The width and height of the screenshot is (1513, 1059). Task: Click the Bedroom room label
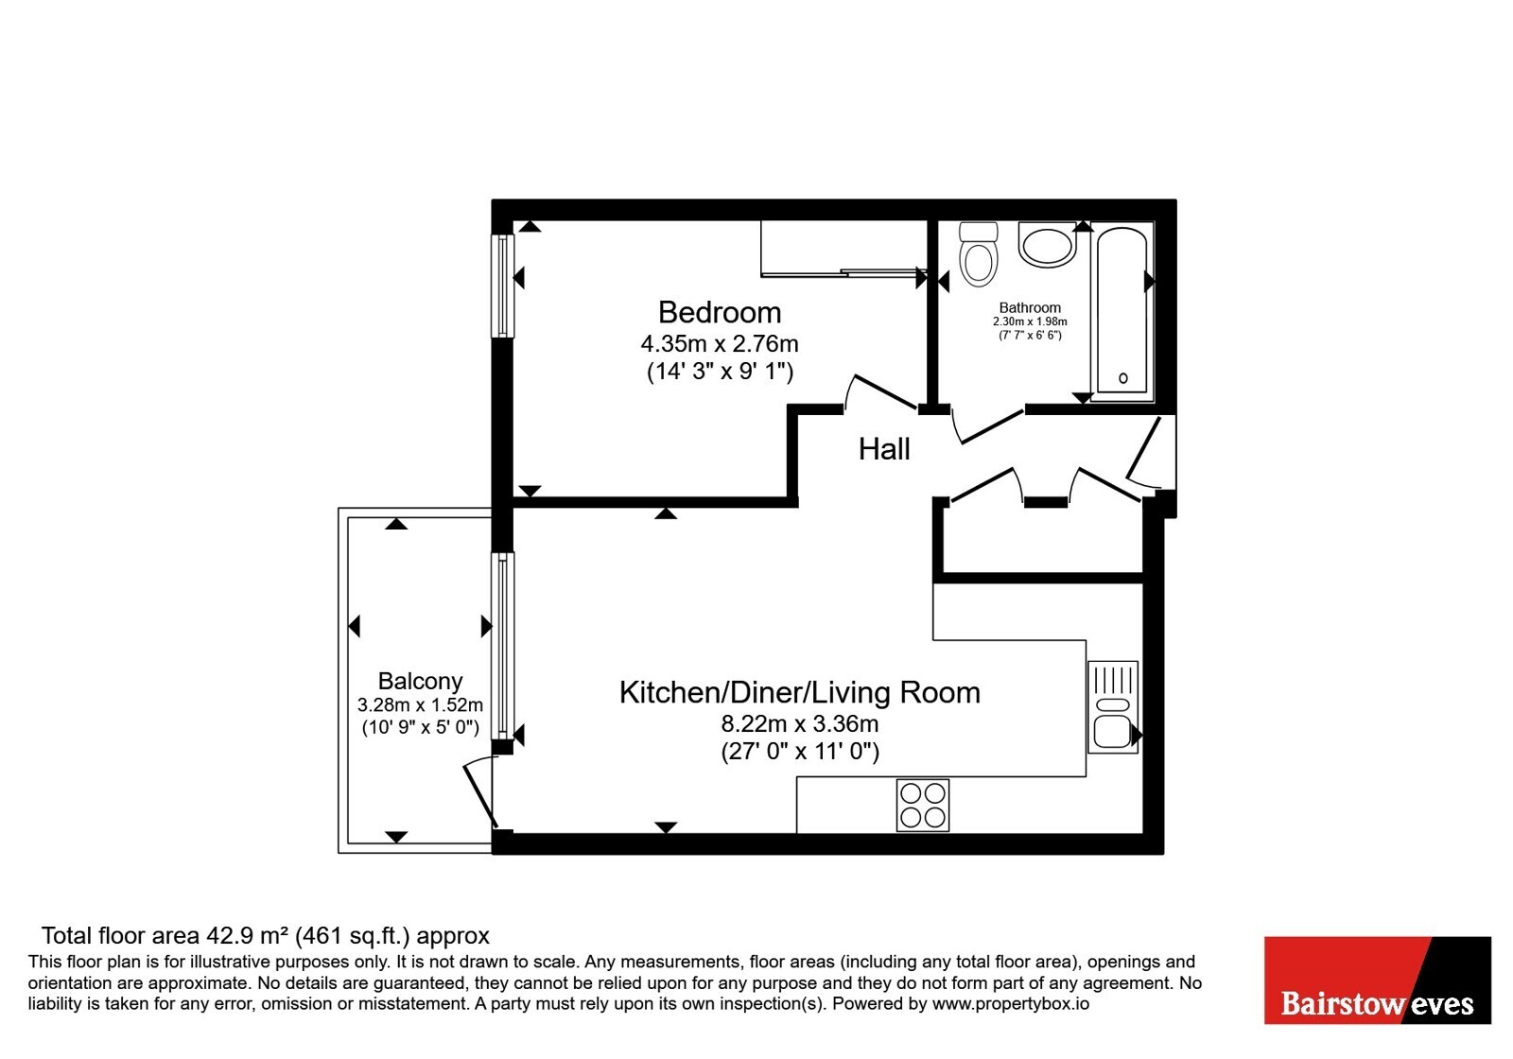tap(720, 313)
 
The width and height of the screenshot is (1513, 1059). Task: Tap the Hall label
tap(884, 449)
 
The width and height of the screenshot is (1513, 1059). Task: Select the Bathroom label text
tap(1030, 308)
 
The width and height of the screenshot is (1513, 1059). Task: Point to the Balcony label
tap(420, 680)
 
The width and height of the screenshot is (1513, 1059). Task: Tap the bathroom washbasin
tap(1047, 245)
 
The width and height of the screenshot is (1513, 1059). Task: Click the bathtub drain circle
tap(1122, 378)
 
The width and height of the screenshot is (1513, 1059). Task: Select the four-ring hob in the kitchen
tap(923, 805)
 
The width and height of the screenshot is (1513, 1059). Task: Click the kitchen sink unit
tap(1112, 707)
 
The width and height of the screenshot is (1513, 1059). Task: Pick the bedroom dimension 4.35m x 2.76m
tap(720, 344)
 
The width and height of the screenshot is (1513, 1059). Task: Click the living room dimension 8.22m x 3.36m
tap(800, 724)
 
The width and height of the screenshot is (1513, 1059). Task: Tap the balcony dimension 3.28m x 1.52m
tap(420, 705)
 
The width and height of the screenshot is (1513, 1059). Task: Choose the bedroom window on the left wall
tap(502, 286)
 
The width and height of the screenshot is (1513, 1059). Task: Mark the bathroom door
tap(988, 426)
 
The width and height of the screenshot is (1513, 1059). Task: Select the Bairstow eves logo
tap(1377, 980)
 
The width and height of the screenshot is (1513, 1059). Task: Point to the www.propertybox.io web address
tap(1011, 1003)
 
